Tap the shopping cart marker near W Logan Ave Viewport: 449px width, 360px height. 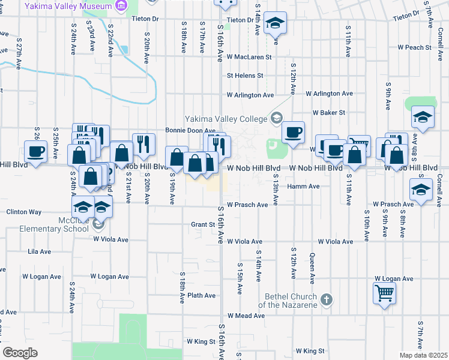click(385, 294)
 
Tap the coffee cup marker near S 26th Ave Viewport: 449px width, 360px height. click(35, 151)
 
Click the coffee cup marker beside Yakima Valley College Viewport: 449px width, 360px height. click(293, 133)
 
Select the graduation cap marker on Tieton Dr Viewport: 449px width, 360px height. click(276, 24)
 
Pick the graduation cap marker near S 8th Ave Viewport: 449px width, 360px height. click(423, 118)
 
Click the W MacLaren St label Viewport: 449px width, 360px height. click(249, 58)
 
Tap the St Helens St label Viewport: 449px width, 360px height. click(245, 76)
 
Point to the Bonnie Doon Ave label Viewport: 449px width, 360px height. click(190, 130)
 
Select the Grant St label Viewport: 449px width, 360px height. click(203, 224)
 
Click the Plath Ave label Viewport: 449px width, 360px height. click(201, 295)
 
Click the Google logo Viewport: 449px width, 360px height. click(20, 353)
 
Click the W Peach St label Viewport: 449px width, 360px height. click(414, 47)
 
